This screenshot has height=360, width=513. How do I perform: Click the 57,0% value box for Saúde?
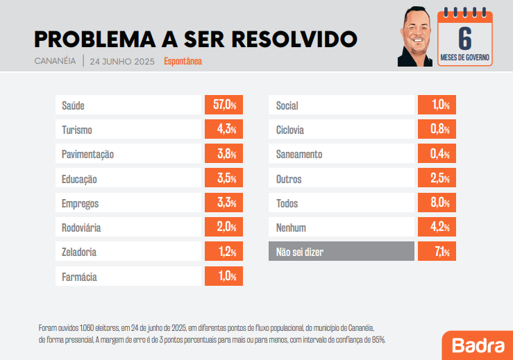click(x=224, y=105)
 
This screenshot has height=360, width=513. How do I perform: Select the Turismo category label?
click(x=77, y=130)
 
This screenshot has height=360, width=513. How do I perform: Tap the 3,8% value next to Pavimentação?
click(x=224, y=154)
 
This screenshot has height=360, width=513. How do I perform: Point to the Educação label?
click(x=79, y=179)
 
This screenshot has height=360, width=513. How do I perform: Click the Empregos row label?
click(x=80, y=203)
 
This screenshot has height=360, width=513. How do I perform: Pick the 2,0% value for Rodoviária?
click(x=224, y=228)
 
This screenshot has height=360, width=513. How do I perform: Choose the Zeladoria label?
click(x=79, y=252)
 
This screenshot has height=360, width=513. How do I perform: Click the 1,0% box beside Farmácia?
click(x=224, y=277)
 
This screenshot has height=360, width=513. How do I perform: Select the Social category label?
click(x=287, y=105)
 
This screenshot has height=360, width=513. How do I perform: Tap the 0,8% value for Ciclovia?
click(x=437, y=130)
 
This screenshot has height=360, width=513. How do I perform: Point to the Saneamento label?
click(x=299, y=154)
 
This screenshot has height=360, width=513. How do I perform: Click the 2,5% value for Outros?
click(x=437, y=179)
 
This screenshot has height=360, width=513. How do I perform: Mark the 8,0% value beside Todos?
click(x=437, y=203)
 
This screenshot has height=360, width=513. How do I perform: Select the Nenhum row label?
click(x=291, y=228)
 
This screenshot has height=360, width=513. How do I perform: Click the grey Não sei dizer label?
click(x=300, y=252)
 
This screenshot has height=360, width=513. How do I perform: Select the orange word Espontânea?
click(x=183, y=61)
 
